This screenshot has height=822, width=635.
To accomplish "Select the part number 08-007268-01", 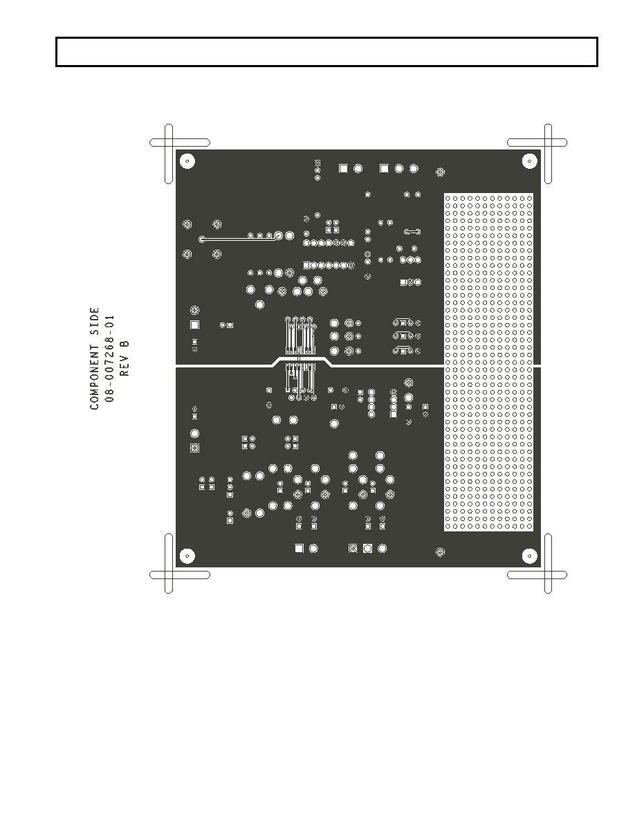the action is pos(109,358).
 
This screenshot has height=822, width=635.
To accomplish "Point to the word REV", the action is pos(125,365).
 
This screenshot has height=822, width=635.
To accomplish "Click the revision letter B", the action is pos(125,344).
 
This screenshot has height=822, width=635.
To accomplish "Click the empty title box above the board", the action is pos(326,52).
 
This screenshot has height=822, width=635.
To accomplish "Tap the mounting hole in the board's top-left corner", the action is pos(187,161).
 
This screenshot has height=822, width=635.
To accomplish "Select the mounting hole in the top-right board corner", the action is pos(530,161).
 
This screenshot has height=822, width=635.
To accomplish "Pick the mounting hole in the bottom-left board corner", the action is pos(187,555).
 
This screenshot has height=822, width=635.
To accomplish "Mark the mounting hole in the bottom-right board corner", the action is pos(530,555).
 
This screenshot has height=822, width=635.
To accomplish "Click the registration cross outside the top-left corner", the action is pos(169,143).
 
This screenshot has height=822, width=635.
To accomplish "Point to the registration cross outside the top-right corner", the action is pos(548,143).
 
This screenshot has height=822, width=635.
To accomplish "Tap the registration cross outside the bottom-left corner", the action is pos(169,574).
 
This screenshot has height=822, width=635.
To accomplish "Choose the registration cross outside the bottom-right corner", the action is pos(548,574).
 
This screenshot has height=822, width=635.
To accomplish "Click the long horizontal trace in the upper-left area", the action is pos(239,239).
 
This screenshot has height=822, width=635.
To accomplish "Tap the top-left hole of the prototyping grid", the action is pos(448,198).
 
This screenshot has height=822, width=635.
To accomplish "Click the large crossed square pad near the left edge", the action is pos(194,448).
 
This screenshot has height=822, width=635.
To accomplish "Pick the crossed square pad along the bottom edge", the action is pos(353,549).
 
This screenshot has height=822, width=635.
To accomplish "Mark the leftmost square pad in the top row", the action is pos(343,168).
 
